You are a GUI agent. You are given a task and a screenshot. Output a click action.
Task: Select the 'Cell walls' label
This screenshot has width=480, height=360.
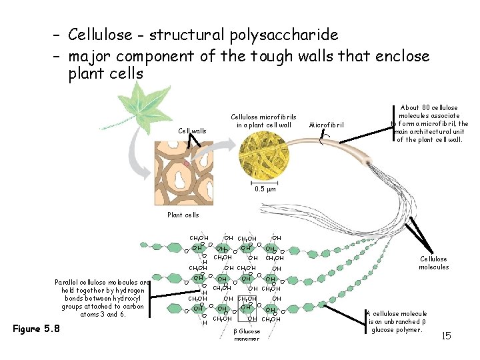click(x=192, y=131)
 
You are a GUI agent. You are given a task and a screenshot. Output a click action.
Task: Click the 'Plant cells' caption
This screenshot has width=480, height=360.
click(x=183, y=215)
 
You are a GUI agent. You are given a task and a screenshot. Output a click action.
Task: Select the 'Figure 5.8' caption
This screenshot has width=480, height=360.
click(x=37, y=329)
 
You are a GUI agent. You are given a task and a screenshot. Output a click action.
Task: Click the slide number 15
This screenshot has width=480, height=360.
click(x=445, y=335)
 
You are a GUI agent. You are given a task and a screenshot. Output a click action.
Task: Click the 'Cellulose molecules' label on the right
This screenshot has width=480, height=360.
click(x=434, y=263)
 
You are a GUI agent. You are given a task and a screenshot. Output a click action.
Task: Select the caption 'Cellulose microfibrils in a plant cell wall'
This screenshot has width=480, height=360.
click(x=263, y=121)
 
